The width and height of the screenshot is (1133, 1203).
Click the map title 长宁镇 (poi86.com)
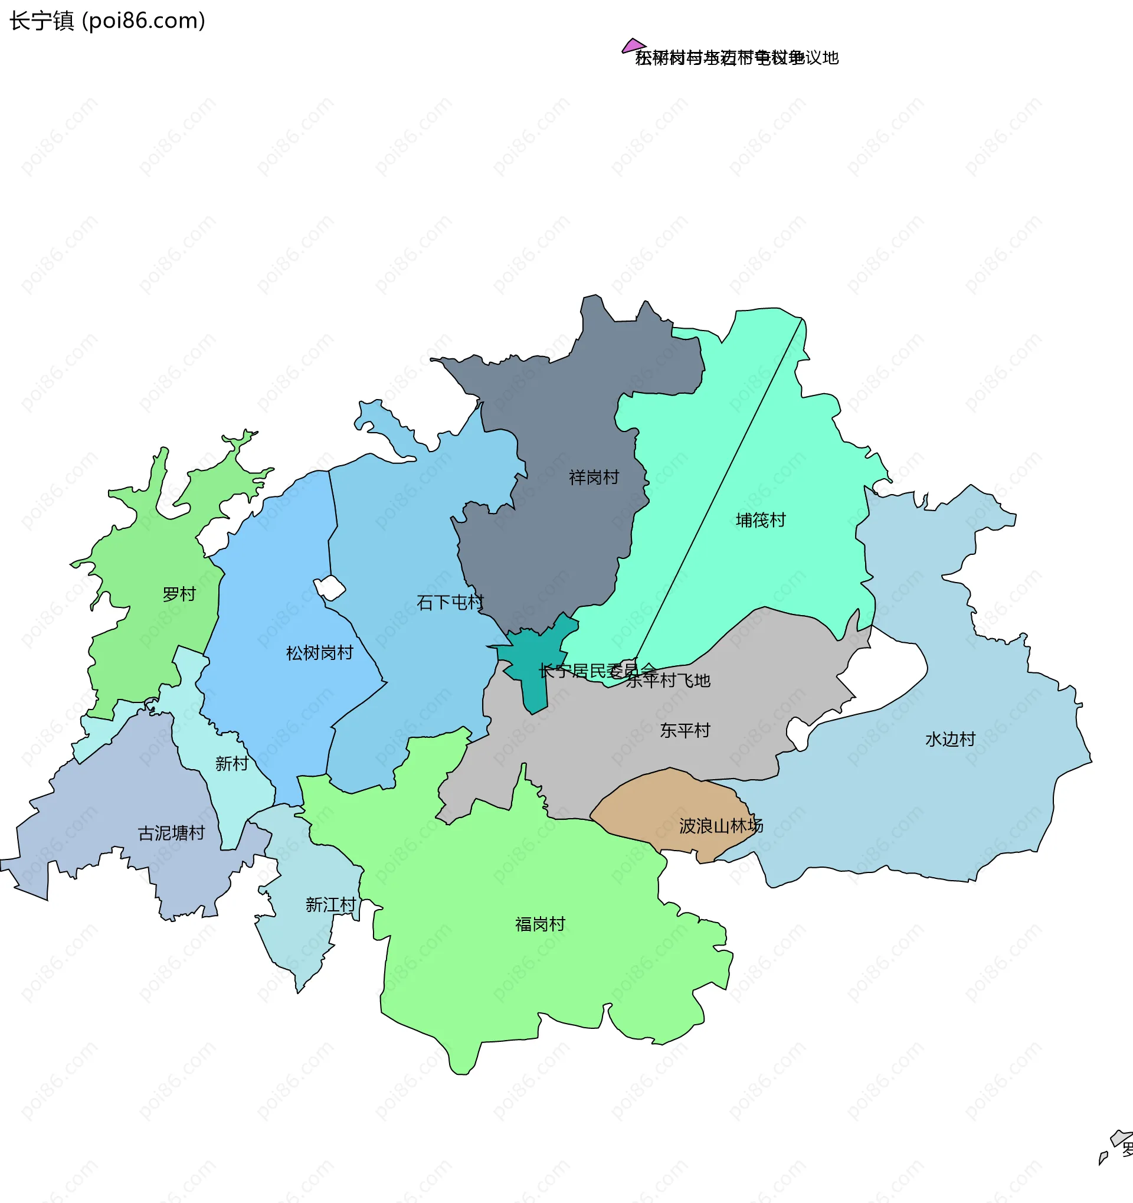[107, 21]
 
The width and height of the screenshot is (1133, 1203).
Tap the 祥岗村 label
[594, 478]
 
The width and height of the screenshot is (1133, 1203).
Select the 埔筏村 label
[761, 520]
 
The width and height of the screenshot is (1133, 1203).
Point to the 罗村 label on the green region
[179, 594]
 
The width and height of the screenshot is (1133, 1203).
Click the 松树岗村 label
[319, 653]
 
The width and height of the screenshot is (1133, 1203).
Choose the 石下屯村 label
[450, 602]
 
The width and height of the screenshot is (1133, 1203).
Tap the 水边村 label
[950, 739]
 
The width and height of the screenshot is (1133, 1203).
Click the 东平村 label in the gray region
[685, 730]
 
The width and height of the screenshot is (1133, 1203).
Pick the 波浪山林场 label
[721, 826]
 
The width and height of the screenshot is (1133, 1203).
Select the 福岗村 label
[540, 924]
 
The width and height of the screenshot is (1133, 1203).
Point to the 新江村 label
[330, 905]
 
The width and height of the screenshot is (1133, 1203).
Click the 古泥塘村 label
[171, 833]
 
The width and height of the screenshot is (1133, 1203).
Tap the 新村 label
[232, 764]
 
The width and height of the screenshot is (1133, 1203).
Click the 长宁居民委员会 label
[598, 671]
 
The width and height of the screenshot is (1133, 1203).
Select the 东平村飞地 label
[668, 681]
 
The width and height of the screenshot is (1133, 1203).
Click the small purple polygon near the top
[633, 45]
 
